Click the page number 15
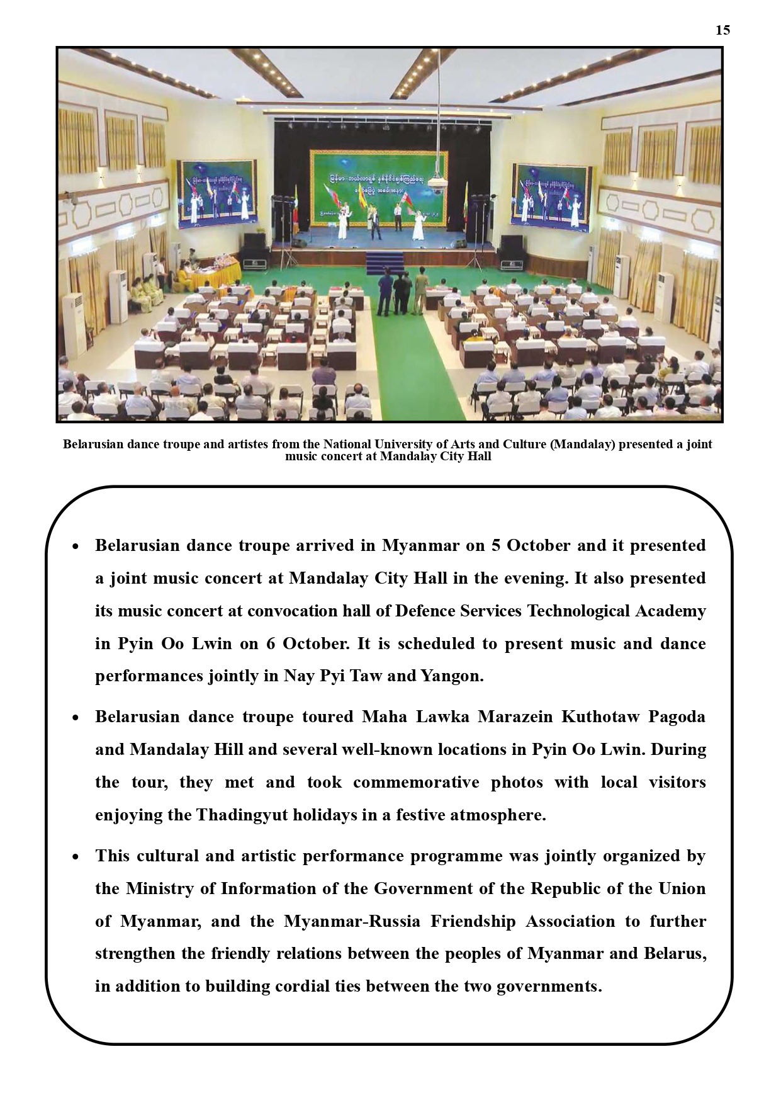click(722, 30)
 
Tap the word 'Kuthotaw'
click(600, 717)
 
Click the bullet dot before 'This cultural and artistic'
click(76, 857)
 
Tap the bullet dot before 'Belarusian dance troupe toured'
click(76, 718)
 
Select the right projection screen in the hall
click(553, 195)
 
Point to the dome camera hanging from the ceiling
click(439, 183)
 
